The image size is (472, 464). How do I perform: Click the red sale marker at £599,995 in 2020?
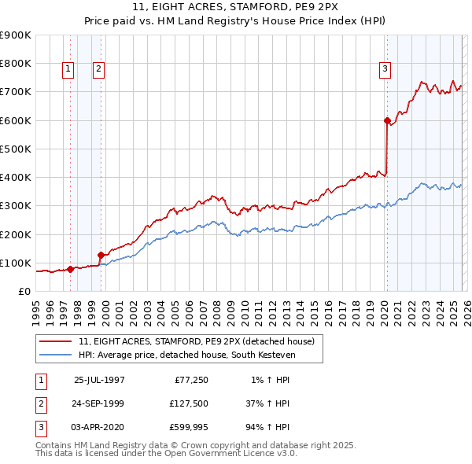point(387,120)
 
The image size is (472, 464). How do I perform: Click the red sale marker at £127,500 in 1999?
point(101,255)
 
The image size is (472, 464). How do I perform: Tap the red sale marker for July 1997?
point(70,269)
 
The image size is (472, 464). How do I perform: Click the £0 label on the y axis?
point(24,291)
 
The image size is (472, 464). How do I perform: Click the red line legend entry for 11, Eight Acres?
point(196,341)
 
